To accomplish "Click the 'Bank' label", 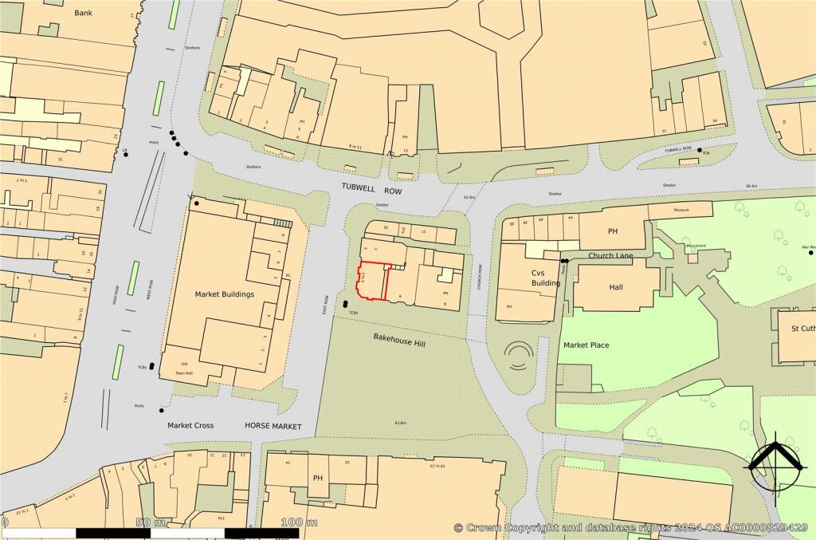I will [83, 13].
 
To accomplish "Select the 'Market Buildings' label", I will [224, 294].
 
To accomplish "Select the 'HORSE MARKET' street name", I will [273, 427].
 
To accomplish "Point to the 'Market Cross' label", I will [190, 426].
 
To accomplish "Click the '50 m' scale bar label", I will [143, 522].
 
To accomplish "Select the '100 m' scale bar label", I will [300, 522].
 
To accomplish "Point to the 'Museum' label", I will [681, 210].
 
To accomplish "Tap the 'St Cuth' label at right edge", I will [802, 328].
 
